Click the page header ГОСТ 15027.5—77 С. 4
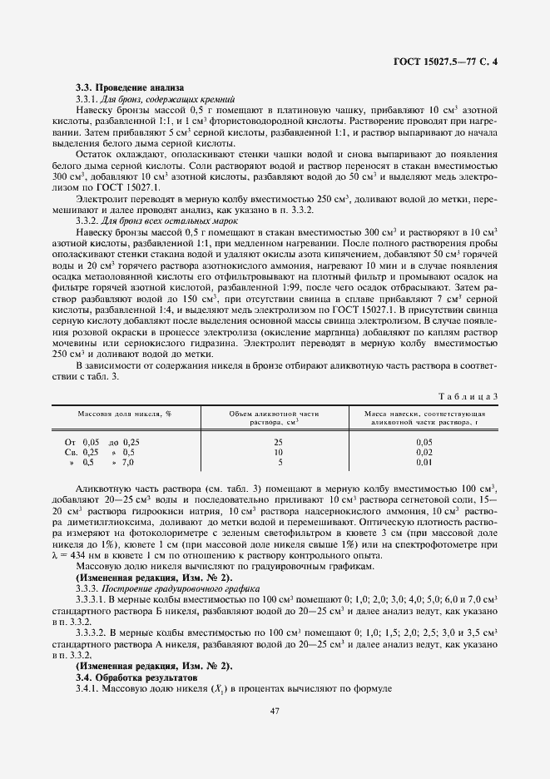coord(448,62)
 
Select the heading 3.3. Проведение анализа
coord(129,87)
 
